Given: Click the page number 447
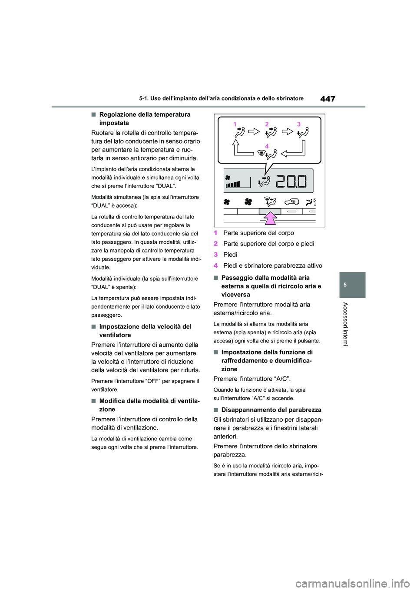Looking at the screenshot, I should [328, 99].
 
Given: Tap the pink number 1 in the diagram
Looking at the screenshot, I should [235, 124].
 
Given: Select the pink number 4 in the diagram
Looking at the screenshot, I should [267, 146].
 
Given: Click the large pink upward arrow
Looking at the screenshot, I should [270, 218].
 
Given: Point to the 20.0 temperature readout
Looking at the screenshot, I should [291, 181].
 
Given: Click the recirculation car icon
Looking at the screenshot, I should [292, 201].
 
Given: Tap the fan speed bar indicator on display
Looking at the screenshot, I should [233, 184].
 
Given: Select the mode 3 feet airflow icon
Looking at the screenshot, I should [304, 132].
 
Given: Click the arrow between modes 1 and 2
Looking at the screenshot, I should [254, 131].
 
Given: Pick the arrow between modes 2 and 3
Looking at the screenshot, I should [287, 131].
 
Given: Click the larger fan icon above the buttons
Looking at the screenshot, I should [248, 201].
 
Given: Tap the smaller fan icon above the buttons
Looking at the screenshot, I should [227, 201].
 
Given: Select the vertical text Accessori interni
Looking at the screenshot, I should [345, 324].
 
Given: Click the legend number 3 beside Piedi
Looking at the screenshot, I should [215, 255].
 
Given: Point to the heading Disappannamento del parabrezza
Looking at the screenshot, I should [271, 410].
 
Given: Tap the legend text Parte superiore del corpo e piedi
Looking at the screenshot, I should [268, 244].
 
